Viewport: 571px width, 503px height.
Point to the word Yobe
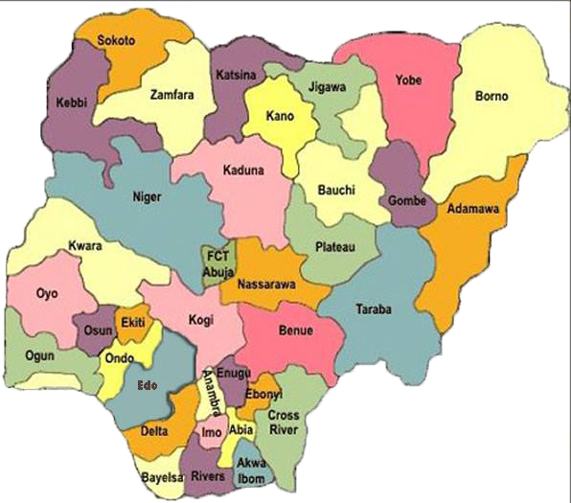[x=408, y=81]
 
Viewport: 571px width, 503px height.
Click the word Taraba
[x=374, y=309]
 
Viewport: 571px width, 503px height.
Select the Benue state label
[x=296, y=332]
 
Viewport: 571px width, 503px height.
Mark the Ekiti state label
[x=132, y=324]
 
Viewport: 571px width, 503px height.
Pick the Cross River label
[x=285, y=423]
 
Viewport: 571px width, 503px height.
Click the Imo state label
[x=212, y=433]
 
